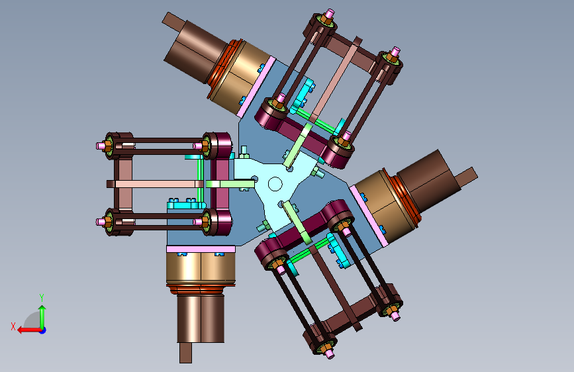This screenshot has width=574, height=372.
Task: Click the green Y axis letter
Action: point(42,297)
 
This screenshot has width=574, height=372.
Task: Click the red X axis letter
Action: point(13,326)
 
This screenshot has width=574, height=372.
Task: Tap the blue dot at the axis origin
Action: point(43,330)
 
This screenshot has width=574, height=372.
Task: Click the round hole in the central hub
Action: point(275,184)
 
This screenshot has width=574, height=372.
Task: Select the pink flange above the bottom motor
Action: point(201,249)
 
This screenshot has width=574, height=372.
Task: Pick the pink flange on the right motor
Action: point(369,216)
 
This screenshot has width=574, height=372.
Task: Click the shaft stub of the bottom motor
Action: point(185,353)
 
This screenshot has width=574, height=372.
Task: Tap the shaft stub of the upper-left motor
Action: point(173,22)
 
